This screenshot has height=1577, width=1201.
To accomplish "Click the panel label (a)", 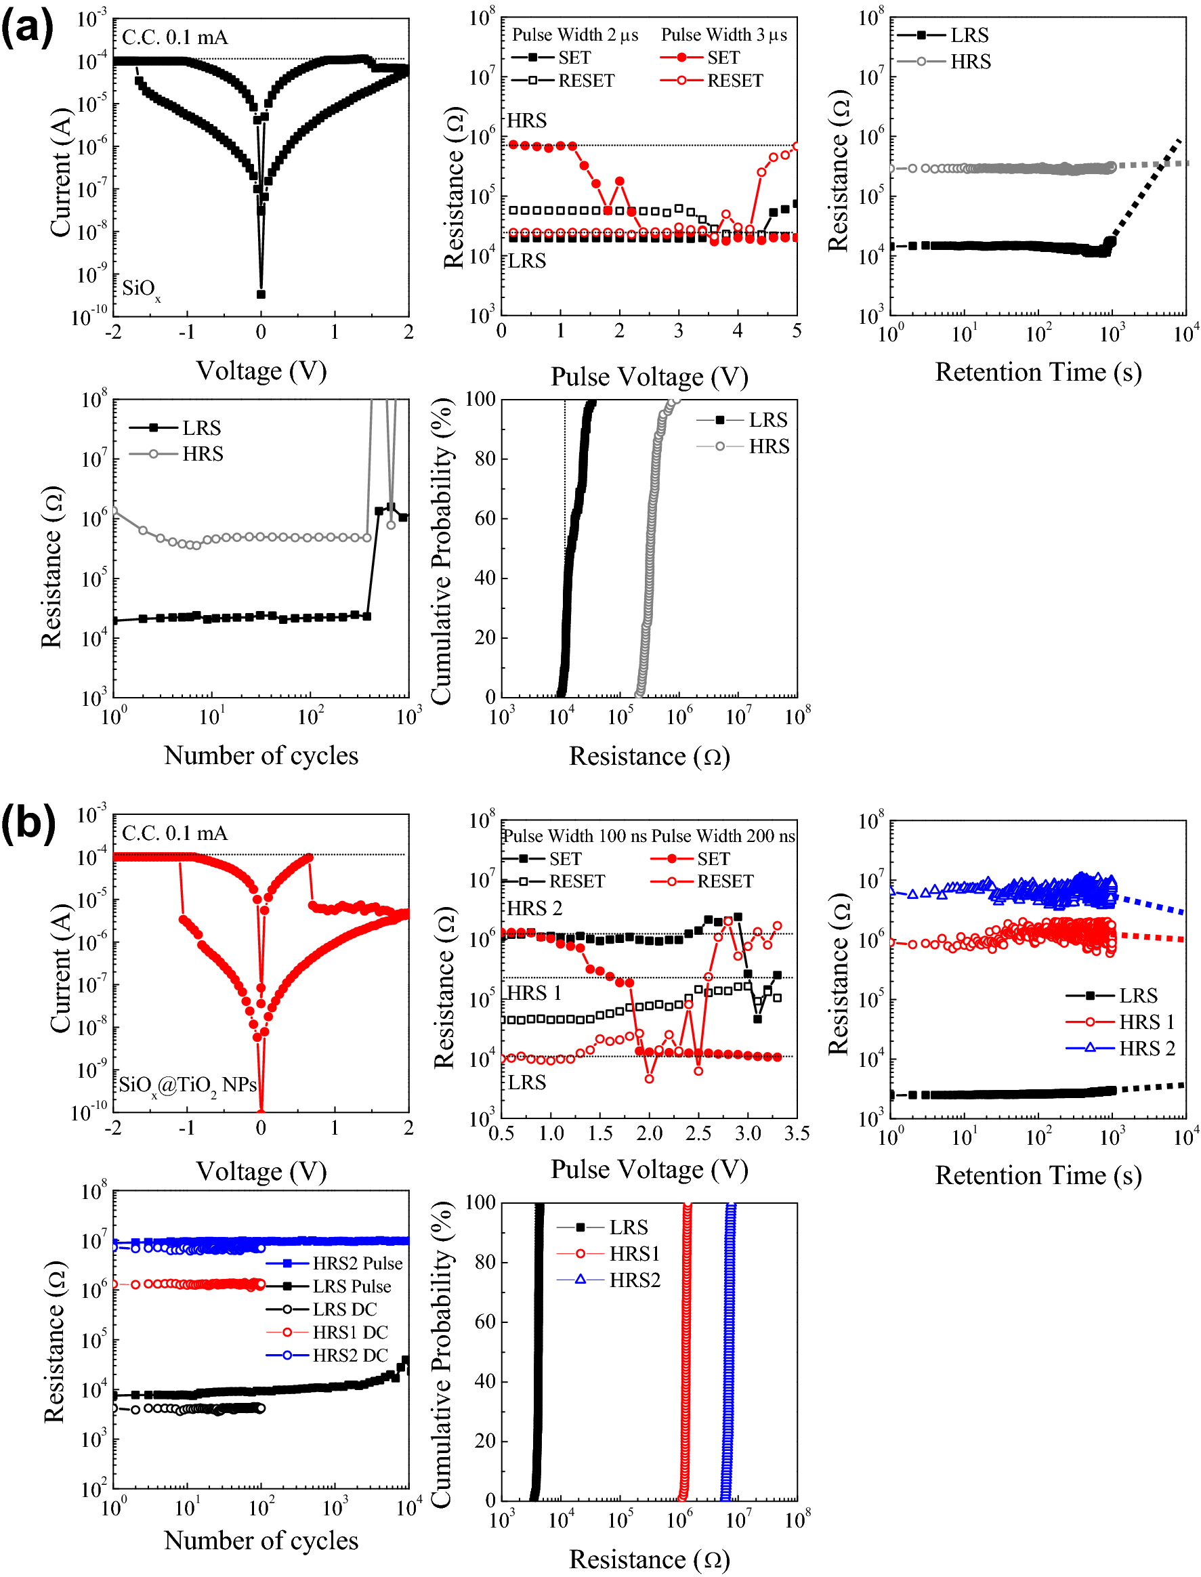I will pyautogui.click(x=27, y=28).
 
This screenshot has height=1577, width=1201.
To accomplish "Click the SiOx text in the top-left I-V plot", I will pyautogui.click(x=141, y=288).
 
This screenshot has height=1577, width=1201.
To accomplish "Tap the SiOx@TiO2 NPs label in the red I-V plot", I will pyautogui.click(x=188, y=1085).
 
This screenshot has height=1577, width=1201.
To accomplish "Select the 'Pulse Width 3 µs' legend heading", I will pyautogui.click(x=723, y=35).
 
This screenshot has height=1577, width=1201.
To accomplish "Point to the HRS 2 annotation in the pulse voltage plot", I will pyautogui.click(x=534, y=908).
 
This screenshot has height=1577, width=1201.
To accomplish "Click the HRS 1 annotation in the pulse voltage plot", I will pyautogui.click(x=534, y=993).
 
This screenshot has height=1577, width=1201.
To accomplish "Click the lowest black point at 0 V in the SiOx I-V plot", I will pyautogui.click(x=261, y=294).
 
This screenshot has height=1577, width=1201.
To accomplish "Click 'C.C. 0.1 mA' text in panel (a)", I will pyautogui.click(x=175, y=37).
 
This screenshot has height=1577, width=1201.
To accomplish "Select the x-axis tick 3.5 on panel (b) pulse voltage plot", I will pyautogui.click(x=797, y=1134).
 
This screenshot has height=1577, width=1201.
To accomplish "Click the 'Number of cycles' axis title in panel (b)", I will pyautogui.click(x=261, y=1540).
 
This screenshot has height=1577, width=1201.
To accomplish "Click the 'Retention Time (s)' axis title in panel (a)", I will pyautogui.click(x=1038, y=372).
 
